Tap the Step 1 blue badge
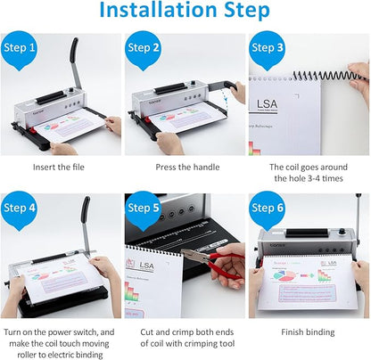pos(21,48)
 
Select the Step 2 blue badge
pos(144,48)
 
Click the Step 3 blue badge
pos(268,48)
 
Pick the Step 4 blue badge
pos(21,208)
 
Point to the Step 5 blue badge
pos(144,208)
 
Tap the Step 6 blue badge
pos(268,208)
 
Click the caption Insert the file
pos(62,167)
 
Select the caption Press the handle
pos(185,167)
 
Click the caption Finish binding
pos(309,331)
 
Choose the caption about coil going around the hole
pos(309,173)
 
